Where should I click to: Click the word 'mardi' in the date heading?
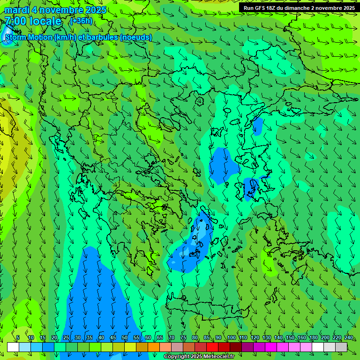[17, 10]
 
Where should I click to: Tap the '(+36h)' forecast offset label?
[81, 21]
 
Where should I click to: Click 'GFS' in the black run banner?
[262, 8]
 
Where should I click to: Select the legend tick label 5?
[18, 337]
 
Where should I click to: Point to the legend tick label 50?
[124, 337]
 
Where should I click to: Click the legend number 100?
[231, 337]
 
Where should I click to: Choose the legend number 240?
[348, 337]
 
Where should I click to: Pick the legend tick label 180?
[313, 337]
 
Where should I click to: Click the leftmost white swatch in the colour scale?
[13, 347]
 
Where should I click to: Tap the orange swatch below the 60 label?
[142, 347]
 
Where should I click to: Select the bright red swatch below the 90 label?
[212, 347]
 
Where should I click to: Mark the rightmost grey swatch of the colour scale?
[341, 347]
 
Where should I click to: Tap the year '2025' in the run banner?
[346, 8]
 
